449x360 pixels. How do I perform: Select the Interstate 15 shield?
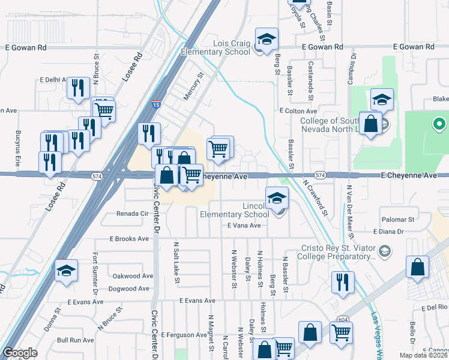(x=156, y=105)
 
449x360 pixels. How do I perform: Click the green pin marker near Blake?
(x=439, y=125)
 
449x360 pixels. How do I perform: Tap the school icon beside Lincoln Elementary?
(x=277, y=198)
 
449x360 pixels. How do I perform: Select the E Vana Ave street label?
(x=244, y=226)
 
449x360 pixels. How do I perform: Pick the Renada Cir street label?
(x=132, y=214)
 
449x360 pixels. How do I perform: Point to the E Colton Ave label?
(x=298, y=112)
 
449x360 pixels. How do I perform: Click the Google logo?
(x=20, y=353)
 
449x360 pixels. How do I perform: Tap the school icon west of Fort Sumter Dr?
(x=67, y=271)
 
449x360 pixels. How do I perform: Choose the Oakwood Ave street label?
(x=133, y=277)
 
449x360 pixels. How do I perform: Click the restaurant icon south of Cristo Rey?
(x=343, y=282)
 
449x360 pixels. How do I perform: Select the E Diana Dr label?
(x=391, y=232)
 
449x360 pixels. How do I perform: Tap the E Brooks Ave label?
(x=128, y=238)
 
